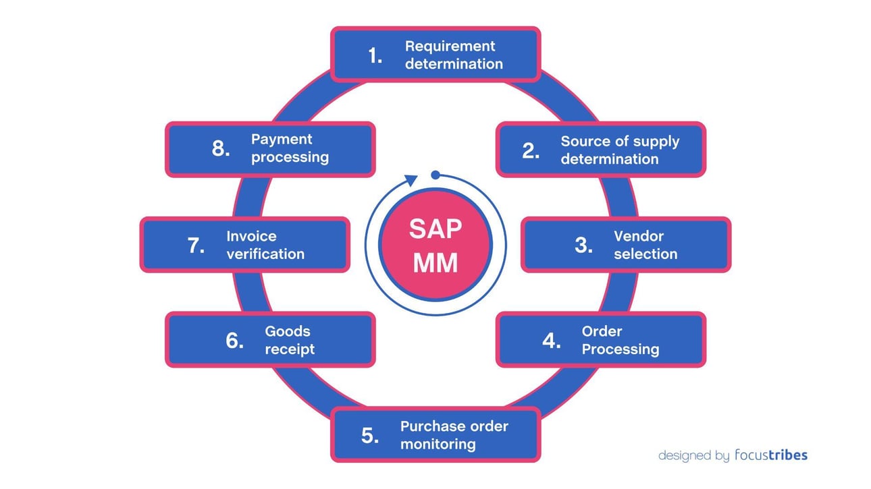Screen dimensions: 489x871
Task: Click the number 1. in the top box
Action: pyautogui.click(x=375, y=55)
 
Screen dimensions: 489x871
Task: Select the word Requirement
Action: pyautogui.click(x=450, y=46)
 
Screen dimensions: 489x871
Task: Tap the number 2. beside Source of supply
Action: pyautogui.click(x=531, y=150)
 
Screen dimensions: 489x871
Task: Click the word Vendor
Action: pyautogui.click(x=638, y=236)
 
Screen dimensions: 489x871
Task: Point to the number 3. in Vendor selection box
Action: pyautogui.click(x=583, y=246)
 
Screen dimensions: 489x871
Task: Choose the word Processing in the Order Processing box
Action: pyautogui.click(x=620, y=349)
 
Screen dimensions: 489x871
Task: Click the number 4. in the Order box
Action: pyautogui.click(x=551, y=341)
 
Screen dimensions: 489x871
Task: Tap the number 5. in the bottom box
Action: pyautogui.click(x=370, y=436)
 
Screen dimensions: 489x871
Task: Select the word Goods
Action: pyautogui.click(x=288, y=331)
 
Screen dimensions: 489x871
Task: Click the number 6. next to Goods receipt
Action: pyautogui.click(x=234, y=341)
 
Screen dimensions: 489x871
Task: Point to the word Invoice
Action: pyautogui.click(x=251, y=236)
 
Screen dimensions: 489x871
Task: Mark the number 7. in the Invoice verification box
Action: pyautogui.click(x=196, y=246)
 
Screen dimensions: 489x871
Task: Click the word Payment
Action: pyautogui.click(x=282, y=139)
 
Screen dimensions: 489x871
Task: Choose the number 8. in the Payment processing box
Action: pyautogui.click(x=221, y=149)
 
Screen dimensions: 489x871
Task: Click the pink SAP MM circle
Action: pyautogui.click(x=435, y=246)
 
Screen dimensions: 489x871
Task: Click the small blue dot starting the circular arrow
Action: pyautogui.click(x=435, y=175)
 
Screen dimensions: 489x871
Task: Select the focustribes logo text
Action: pyautogui.click(x=770, y=455)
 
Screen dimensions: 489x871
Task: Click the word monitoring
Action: pyautogui.click(x=438, y=444)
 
